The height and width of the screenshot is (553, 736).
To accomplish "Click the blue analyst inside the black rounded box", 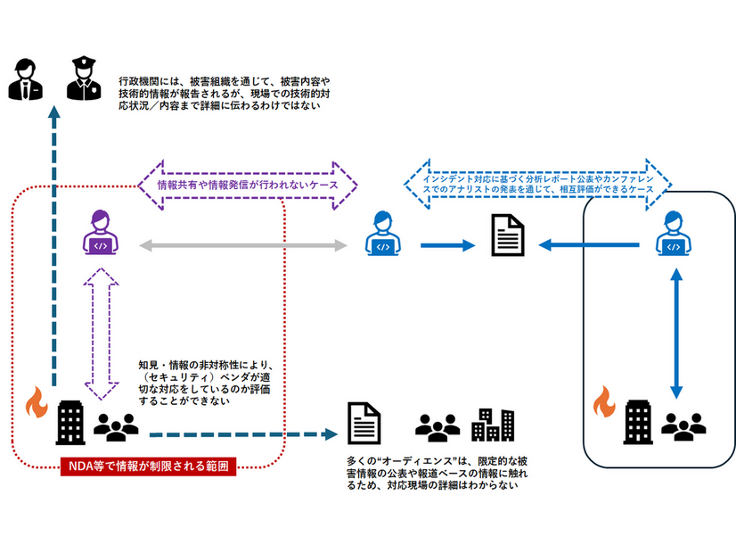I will point(671,235).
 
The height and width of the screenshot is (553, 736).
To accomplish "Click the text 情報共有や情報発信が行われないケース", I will point(248,186).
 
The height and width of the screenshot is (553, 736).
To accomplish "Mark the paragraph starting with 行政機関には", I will point(223,93).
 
